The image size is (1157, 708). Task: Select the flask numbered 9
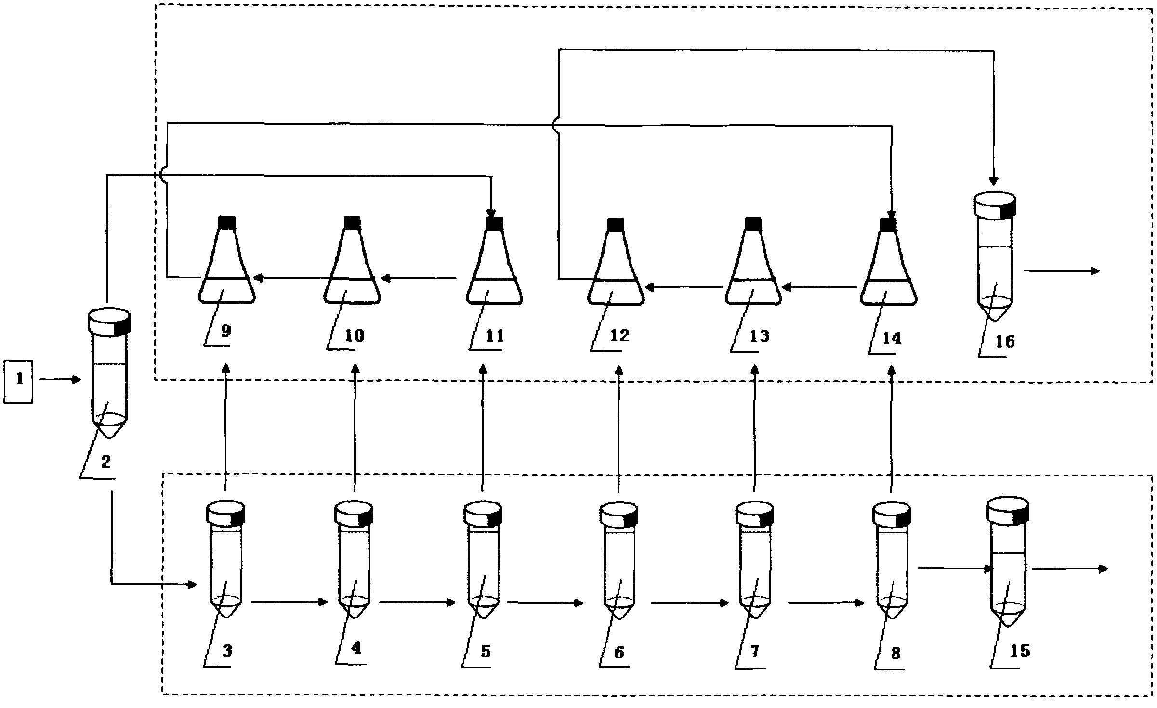point(226,259)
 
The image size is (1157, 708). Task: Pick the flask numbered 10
point(352,259)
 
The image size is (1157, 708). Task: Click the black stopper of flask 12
point(616,223)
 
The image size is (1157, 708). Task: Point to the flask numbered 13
point(753,260)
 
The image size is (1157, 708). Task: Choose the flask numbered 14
point(888,260)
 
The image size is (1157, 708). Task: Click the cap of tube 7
point(755,513)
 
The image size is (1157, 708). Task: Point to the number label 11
point(494,335)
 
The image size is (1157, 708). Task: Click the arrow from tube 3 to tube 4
point(289,602)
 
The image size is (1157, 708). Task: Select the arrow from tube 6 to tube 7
point(690,603)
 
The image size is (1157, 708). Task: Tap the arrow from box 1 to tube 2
point(60,380)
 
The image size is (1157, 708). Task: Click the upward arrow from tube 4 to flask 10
point(355,428)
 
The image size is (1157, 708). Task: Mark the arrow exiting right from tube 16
point(1062,271)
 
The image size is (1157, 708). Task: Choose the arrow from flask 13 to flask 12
point(684,287)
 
